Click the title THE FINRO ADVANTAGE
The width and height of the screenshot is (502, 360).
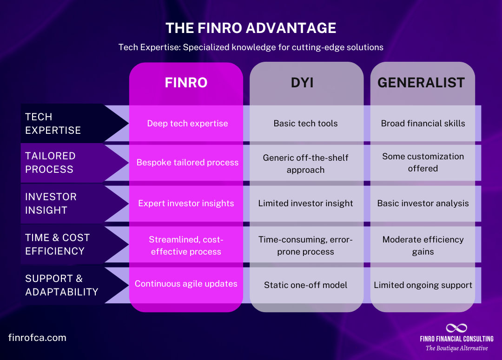(251, 28)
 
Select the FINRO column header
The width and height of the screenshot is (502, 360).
(186, 83)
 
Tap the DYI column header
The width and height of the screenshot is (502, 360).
(305, 83)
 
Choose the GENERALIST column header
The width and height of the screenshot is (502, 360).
(421, 83)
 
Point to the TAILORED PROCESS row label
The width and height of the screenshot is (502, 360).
(50, 163)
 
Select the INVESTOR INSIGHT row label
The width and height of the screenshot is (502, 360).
(51, 203)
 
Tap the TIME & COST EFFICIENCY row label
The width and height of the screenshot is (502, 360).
(57, 244)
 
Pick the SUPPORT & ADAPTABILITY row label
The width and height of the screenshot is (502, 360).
(61, 285)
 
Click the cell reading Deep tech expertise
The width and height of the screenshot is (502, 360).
(187, 124)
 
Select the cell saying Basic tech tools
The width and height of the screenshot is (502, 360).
(305, 124)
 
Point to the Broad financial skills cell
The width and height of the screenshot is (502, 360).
(423, 124)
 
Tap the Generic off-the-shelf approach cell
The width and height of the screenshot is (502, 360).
(305, 164)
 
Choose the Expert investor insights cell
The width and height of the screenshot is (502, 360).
(186, 203)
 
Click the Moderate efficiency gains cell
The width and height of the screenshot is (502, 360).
(423, 245)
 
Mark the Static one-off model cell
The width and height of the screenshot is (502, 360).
(305, 285)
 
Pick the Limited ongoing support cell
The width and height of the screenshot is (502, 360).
(423, 285)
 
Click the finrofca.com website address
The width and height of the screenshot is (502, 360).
(37, 338)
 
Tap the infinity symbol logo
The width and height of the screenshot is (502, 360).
(456, 328)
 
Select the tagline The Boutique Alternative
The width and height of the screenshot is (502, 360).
(456, 348)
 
